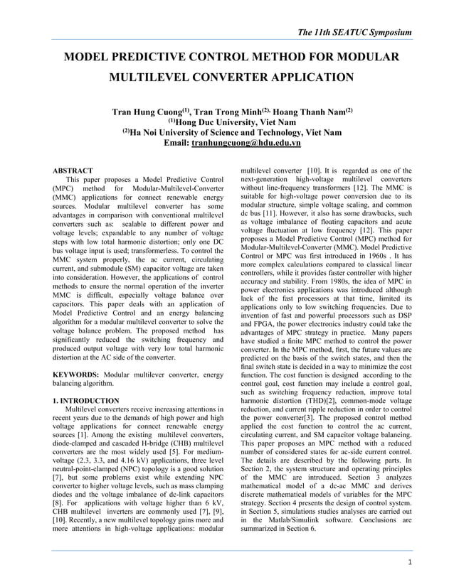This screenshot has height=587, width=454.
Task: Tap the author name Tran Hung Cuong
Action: click(146, 112)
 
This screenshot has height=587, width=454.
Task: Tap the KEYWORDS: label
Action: click(76, 373)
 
